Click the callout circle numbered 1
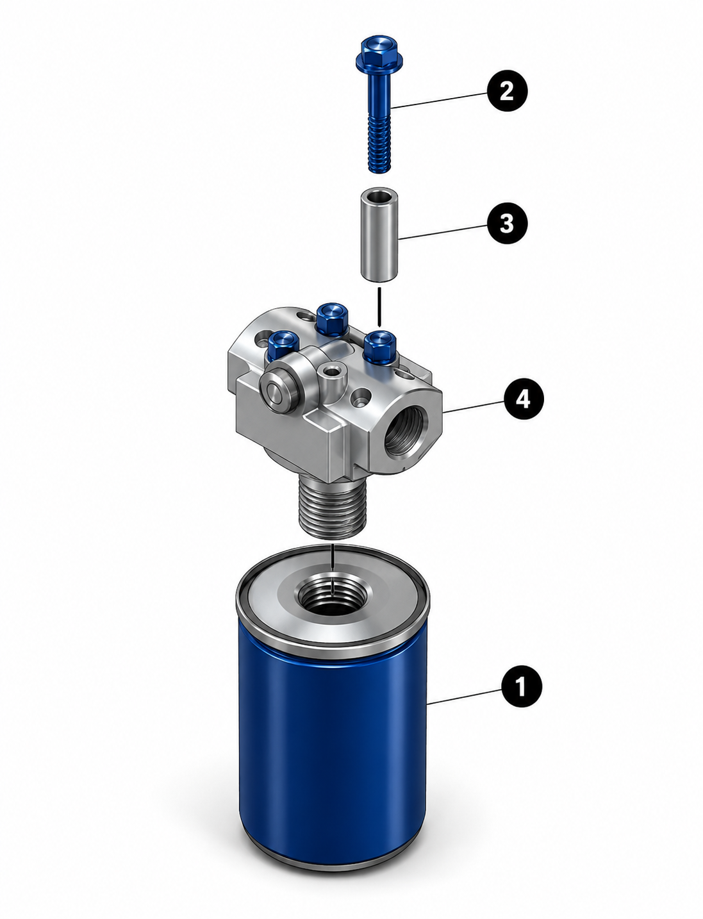click(x=521, y=686)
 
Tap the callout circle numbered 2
click(x=507, y=90)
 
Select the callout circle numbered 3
click(x=507, y=223)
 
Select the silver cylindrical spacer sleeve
click(x=379, y=234)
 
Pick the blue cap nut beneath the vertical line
click(x=380, y=347)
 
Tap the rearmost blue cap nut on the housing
click(x=331, y=319)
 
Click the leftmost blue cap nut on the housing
click(x=283, y=344)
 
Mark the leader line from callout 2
click(x=440, y=100)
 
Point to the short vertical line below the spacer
click(x=379, y=306)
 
